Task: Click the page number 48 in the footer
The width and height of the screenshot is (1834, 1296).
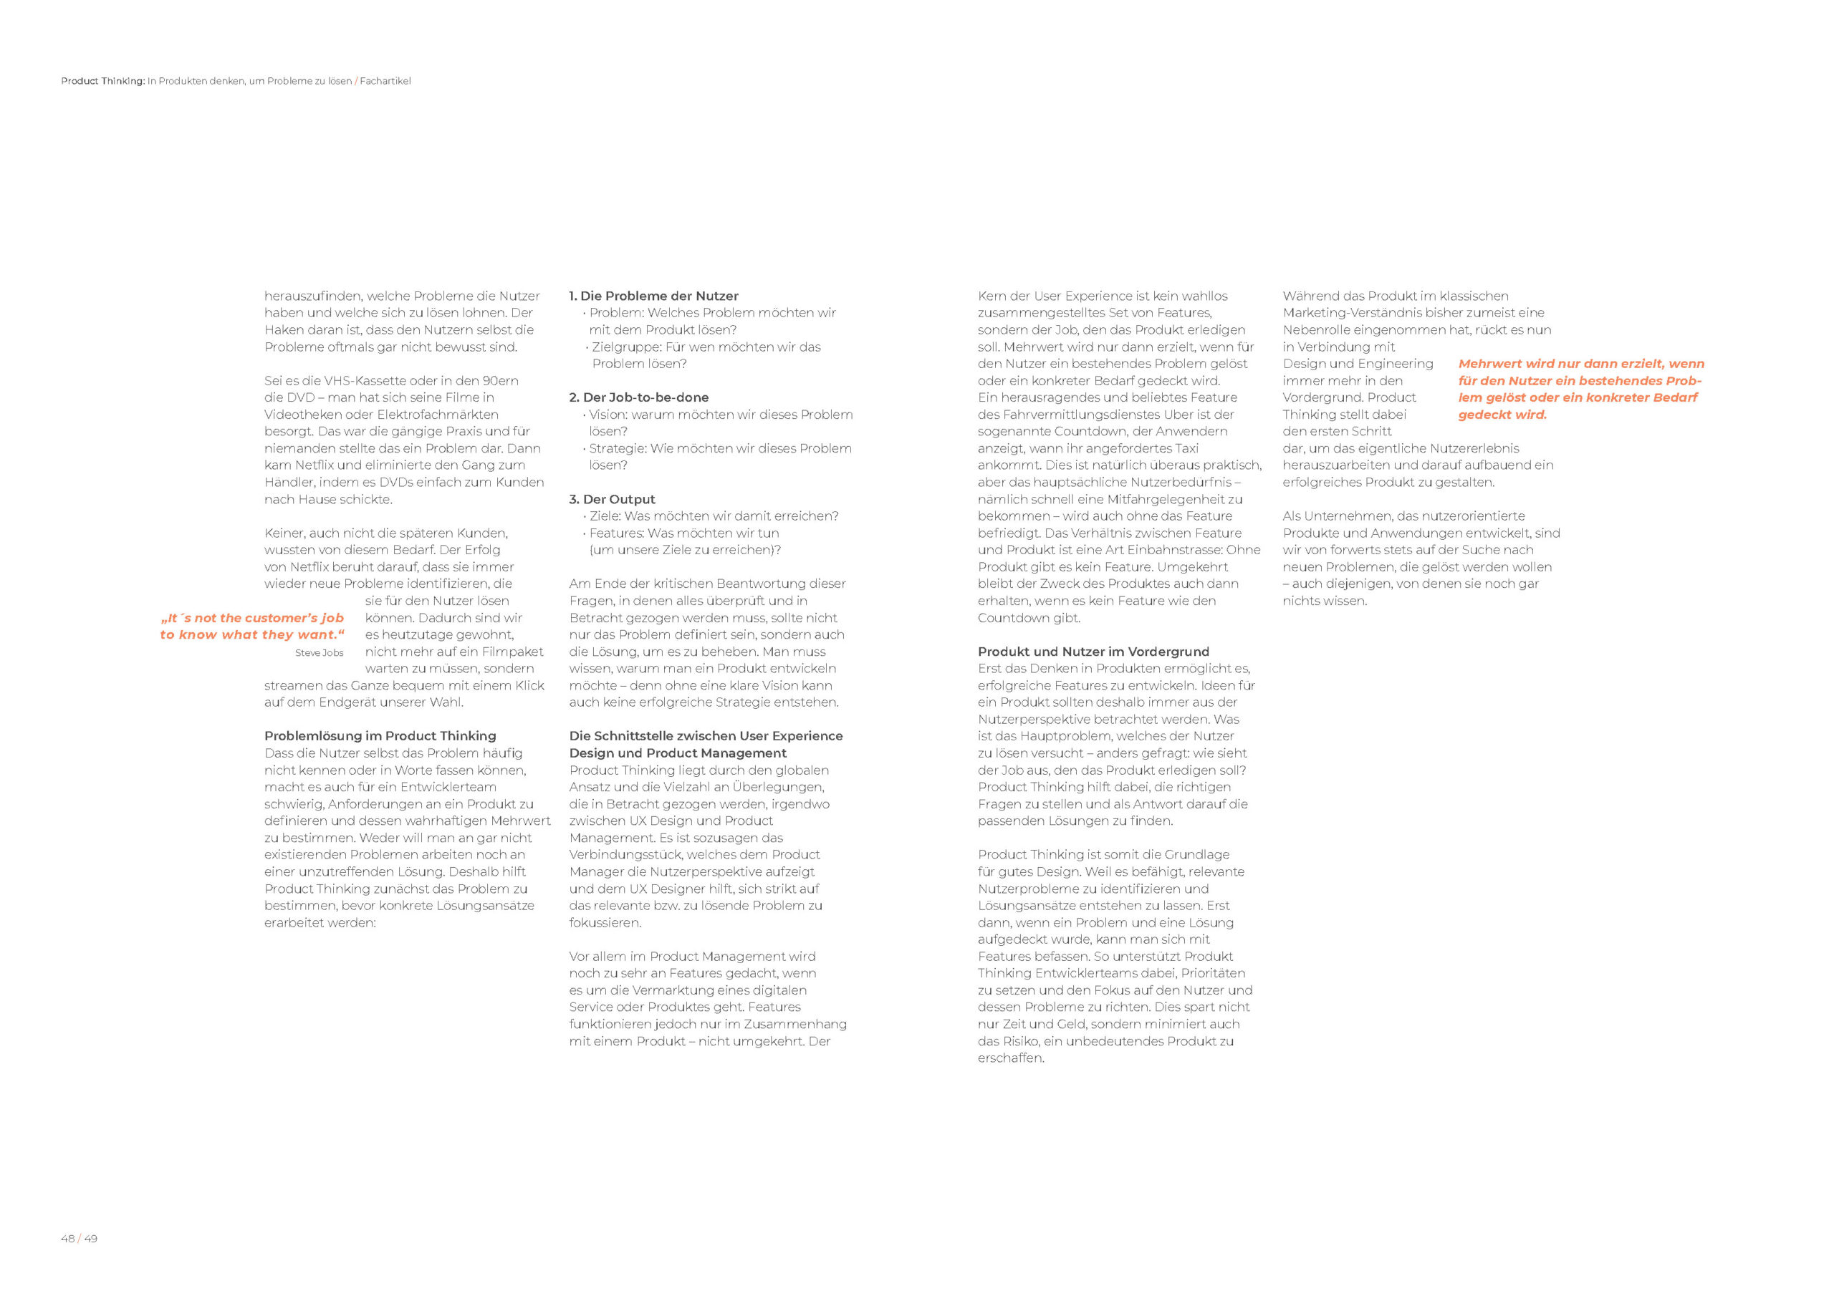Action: click(67, 1239)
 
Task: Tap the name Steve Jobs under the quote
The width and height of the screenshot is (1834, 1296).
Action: click(319, 652)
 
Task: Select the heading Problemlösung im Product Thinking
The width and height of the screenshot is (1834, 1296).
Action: click(380, 735)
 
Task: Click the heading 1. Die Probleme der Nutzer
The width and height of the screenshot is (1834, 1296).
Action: click(653, 296)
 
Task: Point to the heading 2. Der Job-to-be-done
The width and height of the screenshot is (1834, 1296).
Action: click(639, 397)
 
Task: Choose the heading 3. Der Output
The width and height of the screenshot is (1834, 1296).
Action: click(612, 499)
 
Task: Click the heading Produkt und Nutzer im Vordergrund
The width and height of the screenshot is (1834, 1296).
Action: click(1093, 652)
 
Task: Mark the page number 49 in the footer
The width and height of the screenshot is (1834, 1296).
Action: click(91, 1239)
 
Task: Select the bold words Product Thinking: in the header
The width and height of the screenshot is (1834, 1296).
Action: click(103, 81)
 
